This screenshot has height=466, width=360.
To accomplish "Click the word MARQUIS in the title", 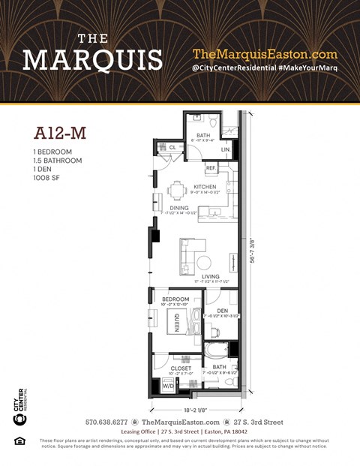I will click(x=92, y=59).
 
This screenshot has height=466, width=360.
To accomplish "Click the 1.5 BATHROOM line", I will click(x=58, y=161).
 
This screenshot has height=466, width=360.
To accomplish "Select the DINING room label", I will click(x=178, y=208).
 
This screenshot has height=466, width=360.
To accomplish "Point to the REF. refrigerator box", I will click(x=211, y=167).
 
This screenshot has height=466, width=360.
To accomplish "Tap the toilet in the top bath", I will click(x=212, y=120).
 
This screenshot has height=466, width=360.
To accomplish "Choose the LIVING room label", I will click(x=210, y=276).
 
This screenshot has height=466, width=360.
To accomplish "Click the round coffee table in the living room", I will click(x=204, y=262).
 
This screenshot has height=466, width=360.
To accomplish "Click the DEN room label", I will click(x=222, y=310).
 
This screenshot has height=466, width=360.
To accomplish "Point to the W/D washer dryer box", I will click(x=168, y=384).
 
